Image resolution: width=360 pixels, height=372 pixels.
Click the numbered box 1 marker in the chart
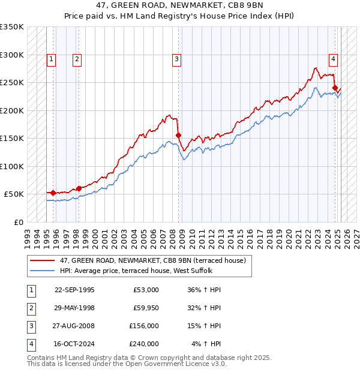coord(52,59)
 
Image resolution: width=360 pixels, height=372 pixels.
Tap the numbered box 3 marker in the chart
coord(177,59)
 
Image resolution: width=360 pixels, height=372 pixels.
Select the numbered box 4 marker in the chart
coord(332,59)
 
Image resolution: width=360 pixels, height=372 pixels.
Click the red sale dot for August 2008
coord(178,135)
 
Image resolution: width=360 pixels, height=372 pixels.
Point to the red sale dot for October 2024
coord(335,88)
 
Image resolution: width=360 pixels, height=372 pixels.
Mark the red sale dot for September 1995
coord(53,193)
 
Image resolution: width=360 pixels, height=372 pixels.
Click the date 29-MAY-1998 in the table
coord(74,308)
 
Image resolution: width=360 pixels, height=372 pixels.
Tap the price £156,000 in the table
coord(144,326)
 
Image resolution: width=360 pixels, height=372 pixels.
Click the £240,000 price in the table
coord(144,344)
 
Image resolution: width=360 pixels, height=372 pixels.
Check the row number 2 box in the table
coord(30,308)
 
